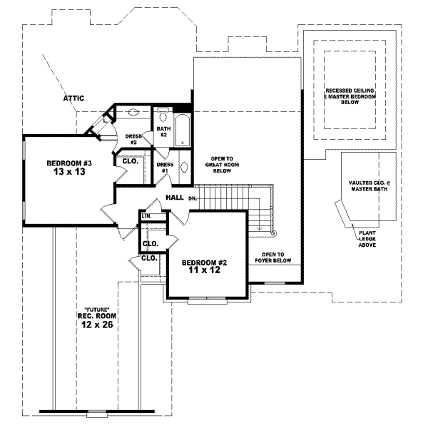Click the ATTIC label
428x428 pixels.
click(75, 98)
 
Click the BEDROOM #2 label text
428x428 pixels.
click(203, 261)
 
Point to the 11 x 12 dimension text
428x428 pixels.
click(203, 271)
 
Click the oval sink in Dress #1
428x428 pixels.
click(183, 168)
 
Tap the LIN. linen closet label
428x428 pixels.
click(146, 215)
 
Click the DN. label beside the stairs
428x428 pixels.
click(193, 198)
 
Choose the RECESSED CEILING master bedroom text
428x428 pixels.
click(350, 96)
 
